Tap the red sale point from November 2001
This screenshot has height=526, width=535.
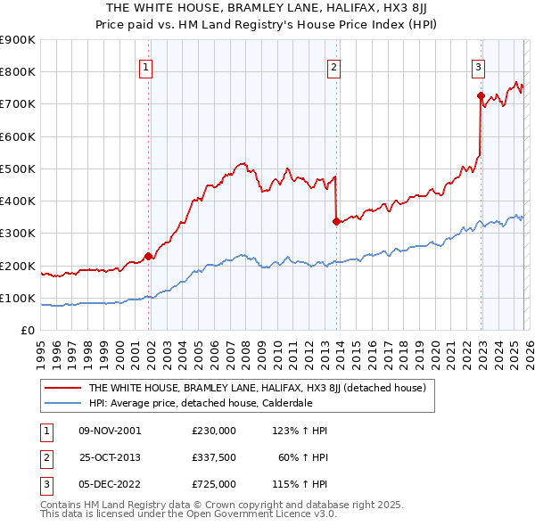coord(148,256)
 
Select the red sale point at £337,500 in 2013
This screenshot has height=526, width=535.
coord(336,221)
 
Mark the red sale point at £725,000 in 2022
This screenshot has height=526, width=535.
coord(481,95)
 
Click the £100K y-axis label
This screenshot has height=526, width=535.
coord(18,298)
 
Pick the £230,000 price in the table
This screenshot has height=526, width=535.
coord(213,431)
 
